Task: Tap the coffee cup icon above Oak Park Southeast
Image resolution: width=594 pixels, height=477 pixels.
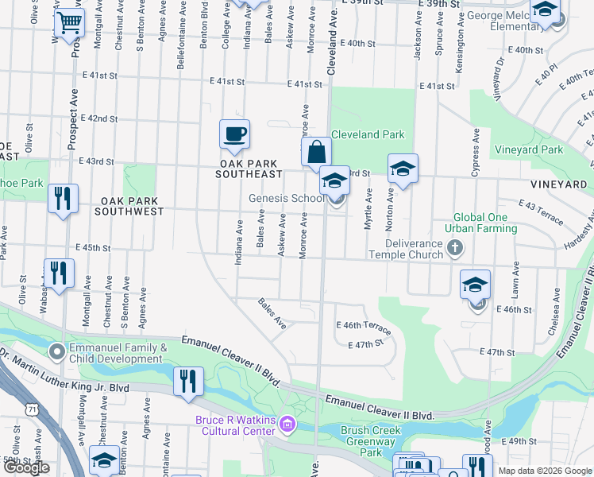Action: pyautogui.click(x=234, y=134)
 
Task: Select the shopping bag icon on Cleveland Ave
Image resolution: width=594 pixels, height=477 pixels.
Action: pyautogui.click(x=316, y=151)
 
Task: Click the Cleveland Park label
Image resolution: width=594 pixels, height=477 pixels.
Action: pyautogui.click(x=368, y=134)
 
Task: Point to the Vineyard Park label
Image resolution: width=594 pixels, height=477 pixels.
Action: pyautogui.click(x=528, y=149)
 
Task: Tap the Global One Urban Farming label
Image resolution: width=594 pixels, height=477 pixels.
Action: pyautogui.click(x=485, y=223)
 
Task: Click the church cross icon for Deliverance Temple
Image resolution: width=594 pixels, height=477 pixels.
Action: pyautogui.click(x=454, y=248)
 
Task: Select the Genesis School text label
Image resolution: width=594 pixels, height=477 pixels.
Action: pyautogui.click(x=286, y=198)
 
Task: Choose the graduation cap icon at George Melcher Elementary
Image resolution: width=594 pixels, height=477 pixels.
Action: pyautogui.click(x=545, y=10)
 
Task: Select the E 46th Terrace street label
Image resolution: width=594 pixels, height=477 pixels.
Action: pyautogui.click(x=364, y=326)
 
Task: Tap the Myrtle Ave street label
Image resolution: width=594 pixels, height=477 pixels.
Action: pyautogui.click(x=368, y=209)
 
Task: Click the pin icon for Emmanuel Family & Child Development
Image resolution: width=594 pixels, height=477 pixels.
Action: pyautogui.click(x=56, y=351)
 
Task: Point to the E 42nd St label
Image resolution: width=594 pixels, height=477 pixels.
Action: pyautogui.click(x=98, y=118)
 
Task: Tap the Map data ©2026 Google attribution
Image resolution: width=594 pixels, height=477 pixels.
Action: pyautogui.click(x=545, y=470)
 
